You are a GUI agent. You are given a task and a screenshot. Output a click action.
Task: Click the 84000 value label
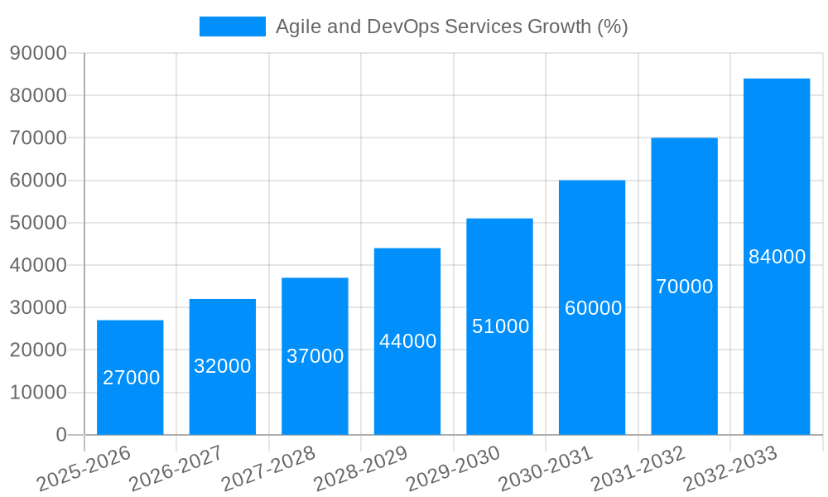coord(777,257)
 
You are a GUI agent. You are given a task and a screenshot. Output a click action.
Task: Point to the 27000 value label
coord(131,378)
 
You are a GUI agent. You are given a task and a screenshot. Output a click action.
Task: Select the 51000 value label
coord(500,326)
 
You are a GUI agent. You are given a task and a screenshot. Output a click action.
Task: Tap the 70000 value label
coord(684,287)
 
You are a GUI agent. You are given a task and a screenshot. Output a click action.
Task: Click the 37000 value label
coord(315,356)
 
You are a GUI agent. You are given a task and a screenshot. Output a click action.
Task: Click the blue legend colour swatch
coord(233,27)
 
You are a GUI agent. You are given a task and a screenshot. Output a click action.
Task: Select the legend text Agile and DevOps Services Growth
coord(451,27)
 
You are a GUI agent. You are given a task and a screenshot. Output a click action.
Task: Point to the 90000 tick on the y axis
coord(38,53)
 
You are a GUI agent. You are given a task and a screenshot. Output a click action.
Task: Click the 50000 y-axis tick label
coord(38,223)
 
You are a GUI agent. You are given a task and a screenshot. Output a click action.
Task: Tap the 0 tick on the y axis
coord(60,435)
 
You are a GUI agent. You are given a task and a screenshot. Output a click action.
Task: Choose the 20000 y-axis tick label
coord(38,350)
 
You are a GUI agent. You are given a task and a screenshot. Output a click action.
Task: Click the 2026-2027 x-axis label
coord(176,468)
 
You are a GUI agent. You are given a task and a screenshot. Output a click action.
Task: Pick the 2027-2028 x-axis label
coord(269,468)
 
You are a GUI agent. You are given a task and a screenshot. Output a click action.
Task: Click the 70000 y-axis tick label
coord(38,138)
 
